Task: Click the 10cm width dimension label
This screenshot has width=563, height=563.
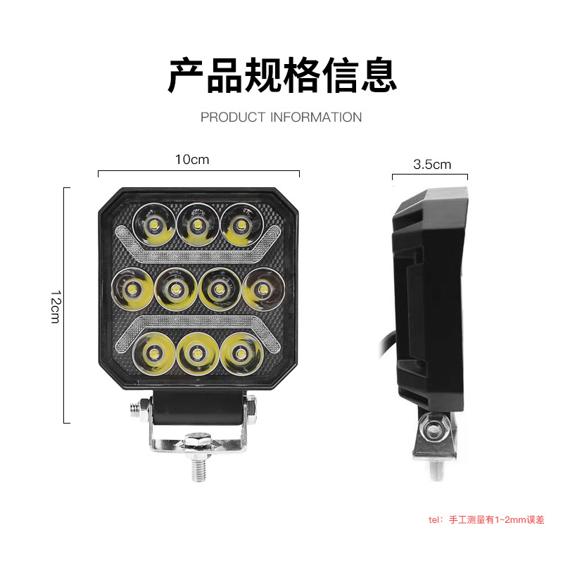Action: (192, 160)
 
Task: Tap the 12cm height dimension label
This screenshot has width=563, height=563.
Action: (56, 307)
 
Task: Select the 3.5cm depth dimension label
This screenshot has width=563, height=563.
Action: (432, 165)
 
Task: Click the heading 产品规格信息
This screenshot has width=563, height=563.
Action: (283, 76)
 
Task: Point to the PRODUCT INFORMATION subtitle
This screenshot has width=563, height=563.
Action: (281, 117)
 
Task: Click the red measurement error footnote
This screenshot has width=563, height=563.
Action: (486, 519)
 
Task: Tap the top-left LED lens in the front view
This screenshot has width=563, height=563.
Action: (153, 225)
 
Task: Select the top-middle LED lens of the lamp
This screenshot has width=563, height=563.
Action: (197, 225)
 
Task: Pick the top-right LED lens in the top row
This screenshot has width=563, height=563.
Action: (241, 225)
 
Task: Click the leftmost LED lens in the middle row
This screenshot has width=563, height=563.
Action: (132, 289)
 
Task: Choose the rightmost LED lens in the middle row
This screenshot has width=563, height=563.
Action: (263, 289)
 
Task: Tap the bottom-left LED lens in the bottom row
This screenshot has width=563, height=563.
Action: (153, 354)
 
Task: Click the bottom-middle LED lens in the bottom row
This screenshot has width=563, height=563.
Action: (197, 354)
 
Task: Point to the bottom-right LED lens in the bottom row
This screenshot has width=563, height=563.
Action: (241, 354)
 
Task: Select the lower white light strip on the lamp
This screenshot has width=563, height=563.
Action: (198, 322)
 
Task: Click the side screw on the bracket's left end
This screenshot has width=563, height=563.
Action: (139, 410)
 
